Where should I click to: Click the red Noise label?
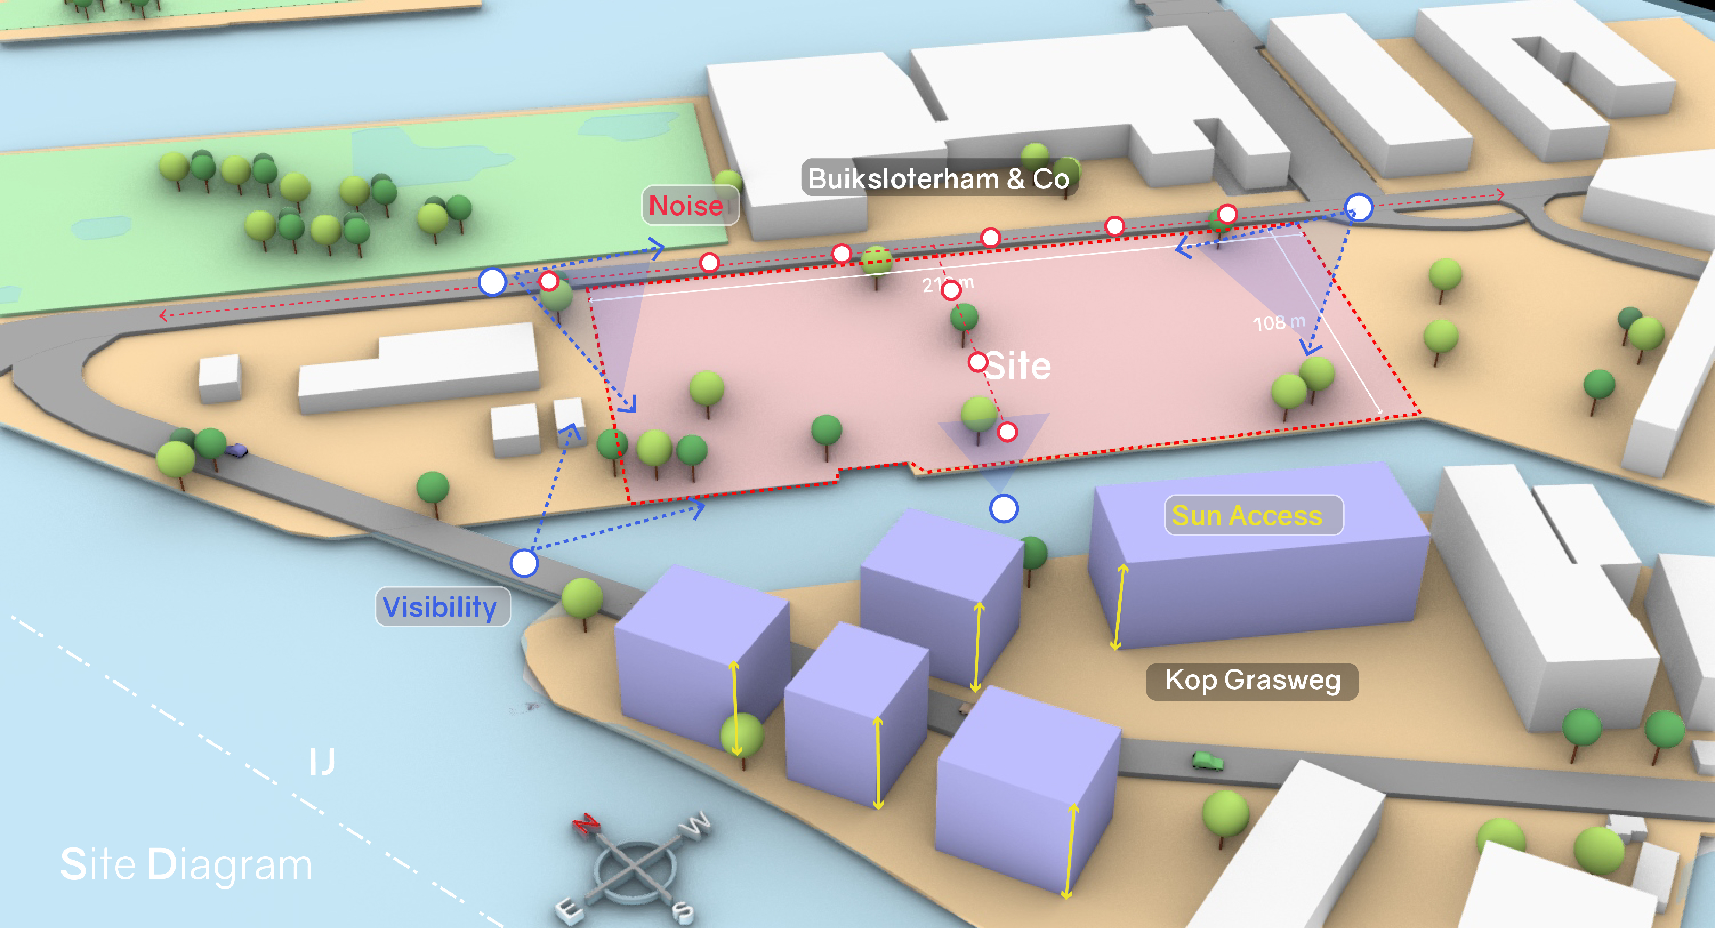point(687,206)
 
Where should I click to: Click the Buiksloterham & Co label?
point(939,178)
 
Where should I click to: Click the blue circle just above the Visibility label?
point(524,563)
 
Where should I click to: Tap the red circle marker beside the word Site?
point(978,363)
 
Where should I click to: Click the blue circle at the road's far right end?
point(1359,208)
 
